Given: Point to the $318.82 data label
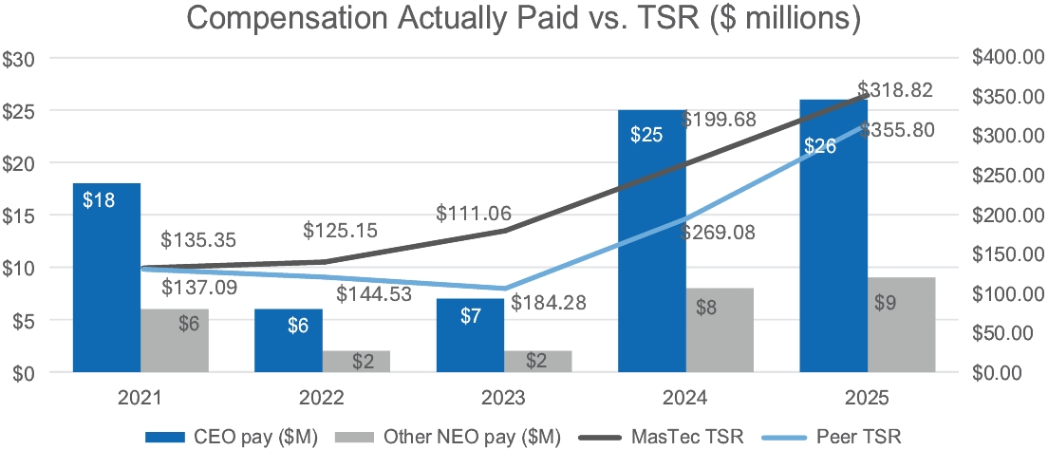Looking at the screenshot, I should coord(894,90).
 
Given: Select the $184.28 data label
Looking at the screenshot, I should coord(549,305).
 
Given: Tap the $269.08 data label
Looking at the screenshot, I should coord(718,233).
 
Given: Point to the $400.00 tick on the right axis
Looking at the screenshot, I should coord(1008,59).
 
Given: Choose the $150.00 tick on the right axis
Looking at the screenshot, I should coord(1008,254).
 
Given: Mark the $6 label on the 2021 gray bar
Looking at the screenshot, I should coord(189,324).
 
